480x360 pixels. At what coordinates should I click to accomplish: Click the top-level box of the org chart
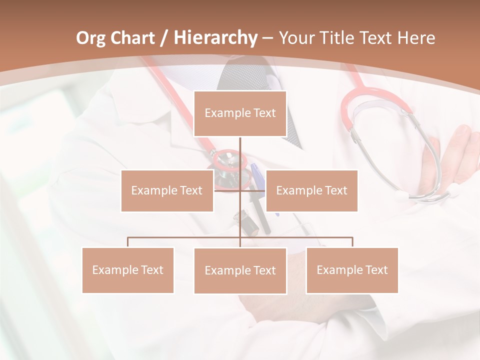[x=240, y=113]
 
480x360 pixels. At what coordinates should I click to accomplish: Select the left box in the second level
[x=167, y=190]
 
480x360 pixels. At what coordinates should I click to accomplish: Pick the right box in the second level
[x=311, y=190]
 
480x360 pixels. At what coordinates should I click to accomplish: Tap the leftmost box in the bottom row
[x=128, y=270]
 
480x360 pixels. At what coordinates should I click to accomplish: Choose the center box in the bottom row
[x=240, y=270]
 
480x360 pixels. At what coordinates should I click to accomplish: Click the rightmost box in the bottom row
[x=352, y=270]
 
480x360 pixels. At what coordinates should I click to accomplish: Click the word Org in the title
[x=91, y=38]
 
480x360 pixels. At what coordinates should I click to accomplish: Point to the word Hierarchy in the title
[x=215, y=38]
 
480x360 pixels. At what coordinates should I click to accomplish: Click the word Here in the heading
[x=416, y=38]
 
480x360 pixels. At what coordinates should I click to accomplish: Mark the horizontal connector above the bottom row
[x=300, y=237]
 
